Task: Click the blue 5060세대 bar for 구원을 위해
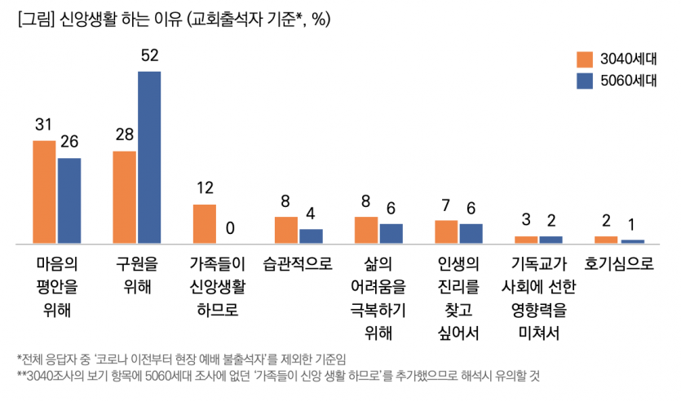point(148,157)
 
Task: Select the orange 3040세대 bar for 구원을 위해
point(124,197)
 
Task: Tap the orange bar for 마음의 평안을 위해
point(44,192)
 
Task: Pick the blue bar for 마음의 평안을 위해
point(69,200)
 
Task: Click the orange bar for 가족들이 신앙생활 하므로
point(204,224)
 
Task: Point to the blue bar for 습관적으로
point(311,236)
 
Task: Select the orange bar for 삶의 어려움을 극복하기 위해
point(365,230)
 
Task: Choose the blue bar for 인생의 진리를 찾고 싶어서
point(471,233)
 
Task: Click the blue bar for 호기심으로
point(632,241)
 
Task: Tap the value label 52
point(149,56)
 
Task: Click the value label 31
point(44,125)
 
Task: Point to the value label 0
point(230,228)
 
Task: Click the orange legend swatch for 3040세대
point(584,59)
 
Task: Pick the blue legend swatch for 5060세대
point(584,81)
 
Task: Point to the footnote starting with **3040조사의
point(277,377)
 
